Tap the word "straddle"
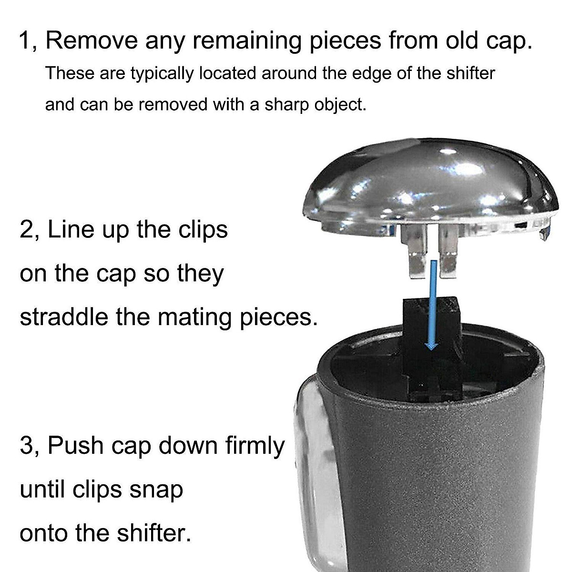pyautogui.click(x=64, y=317)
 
